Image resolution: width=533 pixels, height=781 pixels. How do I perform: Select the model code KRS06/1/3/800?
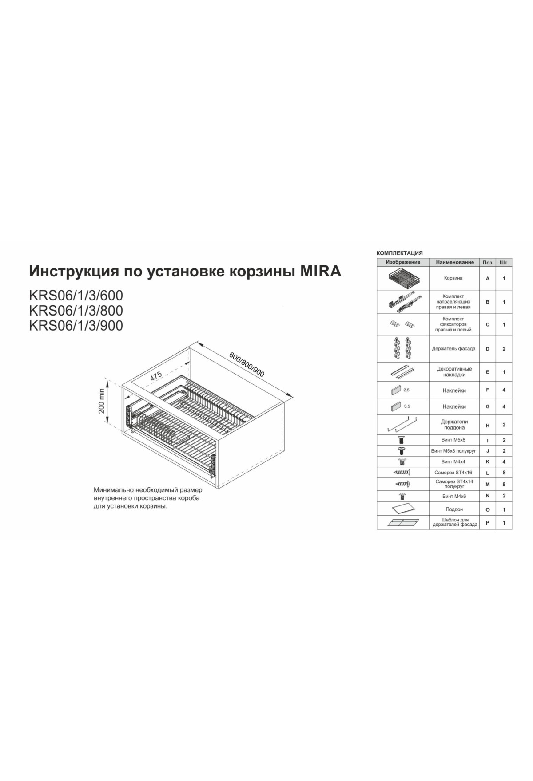pyautogui.click(x=76, y=310)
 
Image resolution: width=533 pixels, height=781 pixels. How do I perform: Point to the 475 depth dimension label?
pyautogui.click(x=155, y=375)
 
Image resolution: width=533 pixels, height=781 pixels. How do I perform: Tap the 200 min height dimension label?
pyautogui.click(x=102, y=401)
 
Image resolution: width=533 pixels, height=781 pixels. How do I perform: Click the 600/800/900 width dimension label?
pyautogui.click(x=247, y=365)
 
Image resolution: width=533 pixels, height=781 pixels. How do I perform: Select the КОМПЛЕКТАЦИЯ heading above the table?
pyautogui.click(x=400, y=253)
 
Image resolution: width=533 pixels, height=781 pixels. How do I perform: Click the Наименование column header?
pyautogui.click(x=454, y=262)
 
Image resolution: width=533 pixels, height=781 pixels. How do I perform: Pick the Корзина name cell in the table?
pyautogui.click(x=453, y=278)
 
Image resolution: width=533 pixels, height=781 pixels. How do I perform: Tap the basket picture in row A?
pyautogui.click(x=403, y=278)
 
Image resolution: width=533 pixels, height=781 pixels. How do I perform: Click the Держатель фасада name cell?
pyautogui.click(x=453, y=349)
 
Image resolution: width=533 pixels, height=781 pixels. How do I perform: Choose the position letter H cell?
pyautogui.click(x=488, y=425)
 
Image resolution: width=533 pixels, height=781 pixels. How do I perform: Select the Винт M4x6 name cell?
pyautogui.click(x=453, y=496)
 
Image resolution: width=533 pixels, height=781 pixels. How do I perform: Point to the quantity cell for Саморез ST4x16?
pyautogui.click(x=504, y=473)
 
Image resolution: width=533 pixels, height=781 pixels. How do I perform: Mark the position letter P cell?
pyautogui.click(x=488, y=523)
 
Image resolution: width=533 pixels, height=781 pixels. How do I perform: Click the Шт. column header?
pyautogui.click(x=504, y=262)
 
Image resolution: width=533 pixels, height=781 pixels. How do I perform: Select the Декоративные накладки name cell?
pyautogui.click(x=453, y=372)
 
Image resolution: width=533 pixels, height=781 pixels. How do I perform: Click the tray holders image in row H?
pyautogui.click(x=403, y=425)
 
